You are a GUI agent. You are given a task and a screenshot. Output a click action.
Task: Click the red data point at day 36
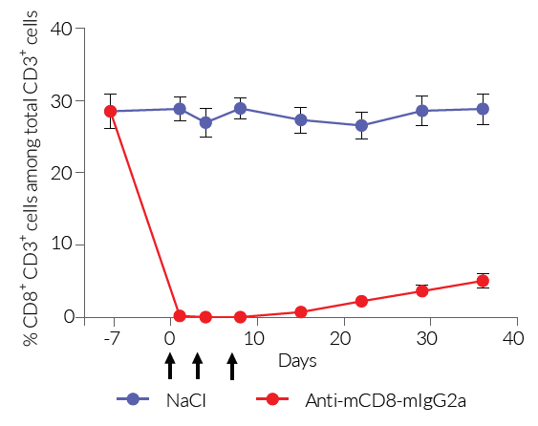pos(483,281)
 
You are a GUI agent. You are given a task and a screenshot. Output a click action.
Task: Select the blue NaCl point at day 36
pos(483,109)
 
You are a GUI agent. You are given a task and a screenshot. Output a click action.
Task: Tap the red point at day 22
pos(361,301)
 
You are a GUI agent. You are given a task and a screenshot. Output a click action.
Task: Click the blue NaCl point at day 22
pos(361,125)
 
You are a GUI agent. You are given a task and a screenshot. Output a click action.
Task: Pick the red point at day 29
pos(421,291)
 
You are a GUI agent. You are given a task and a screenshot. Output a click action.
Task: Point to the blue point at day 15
pos(301,120)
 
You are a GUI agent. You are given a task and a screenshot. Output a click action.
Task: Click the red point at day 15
pos(301,311)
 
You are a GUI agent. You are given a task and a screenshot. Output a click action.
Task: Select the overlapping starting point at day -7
pos(111,111)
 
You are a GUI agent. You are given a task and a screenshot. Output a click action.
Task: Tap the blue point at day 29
pos(421,111)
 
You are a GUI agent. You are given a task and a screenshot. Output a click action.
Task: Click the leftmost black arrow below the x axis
pos(170,365)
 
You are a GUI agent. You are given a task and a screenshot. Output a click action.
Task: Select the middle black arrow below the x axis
pos(197,365)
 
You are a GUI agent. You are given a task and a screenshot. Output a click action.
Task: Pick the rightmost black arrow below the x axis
pos(231,365)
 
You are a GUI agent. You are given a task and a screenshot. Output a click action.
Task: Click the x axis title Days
pos(297,361)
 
